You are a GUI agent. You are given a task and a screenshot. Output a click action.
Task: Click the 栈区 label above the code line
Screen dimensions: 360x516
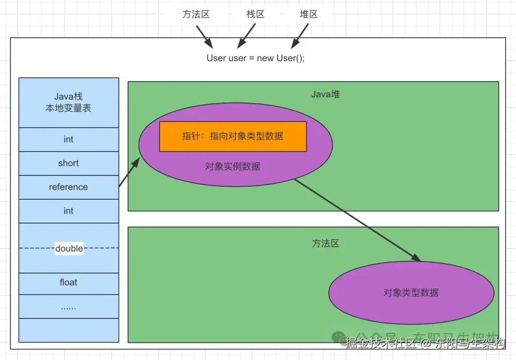(255, 14)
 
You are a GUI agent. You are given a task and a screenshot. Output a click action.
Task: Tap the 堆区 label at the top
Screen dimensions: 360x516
(309, 14)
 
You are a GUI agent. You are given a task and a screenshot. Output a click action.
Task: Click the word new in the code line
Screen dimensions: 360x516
(265, 58)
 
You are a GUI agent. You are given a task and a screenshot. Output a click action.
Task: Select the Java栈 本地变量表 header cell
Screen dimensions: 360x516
(68, 103)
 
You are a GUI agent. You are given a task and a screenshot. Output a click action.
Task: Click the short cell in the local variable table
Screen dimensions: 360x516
(68, 164)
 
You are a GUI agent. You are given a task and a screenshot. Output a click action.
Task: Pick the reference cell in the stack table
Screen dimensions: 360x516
(68, 187)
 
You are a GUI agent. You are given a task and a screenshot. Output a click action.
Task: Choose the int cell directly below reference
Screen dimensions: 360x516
(68, 211)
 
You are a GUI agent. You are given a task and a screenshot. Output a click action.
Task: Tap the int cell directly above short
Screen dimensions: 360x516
(68, 140)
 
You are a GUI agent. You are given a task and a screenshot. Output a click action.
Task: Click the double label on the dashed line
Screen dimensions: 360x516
(69, 249)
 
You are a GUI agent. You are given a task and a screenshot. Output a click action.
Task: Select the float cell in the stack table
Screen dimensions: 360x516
(68, 283)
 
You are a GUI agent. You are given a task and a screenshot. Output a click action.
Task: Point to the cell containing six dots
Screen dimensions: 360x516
(68, 307)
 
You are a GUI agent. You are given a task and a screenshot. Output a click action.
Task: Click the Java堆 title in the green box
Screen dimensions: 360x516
(325, 95)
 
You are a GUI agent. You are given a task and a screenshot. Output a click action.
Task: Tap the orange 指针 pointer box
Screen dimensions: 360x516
(233, 136)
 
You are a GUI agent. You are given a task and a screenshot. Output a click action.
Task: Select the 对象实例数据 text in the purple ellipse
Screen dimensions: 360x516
(233, 166)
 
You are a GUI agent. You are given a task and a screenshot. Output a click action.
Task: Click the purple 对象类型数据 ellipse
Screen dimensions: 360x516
(411, 293)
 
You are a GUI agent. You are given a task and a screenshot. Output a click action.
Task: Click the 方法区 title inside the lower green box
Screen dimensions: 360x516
(325, 243)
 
